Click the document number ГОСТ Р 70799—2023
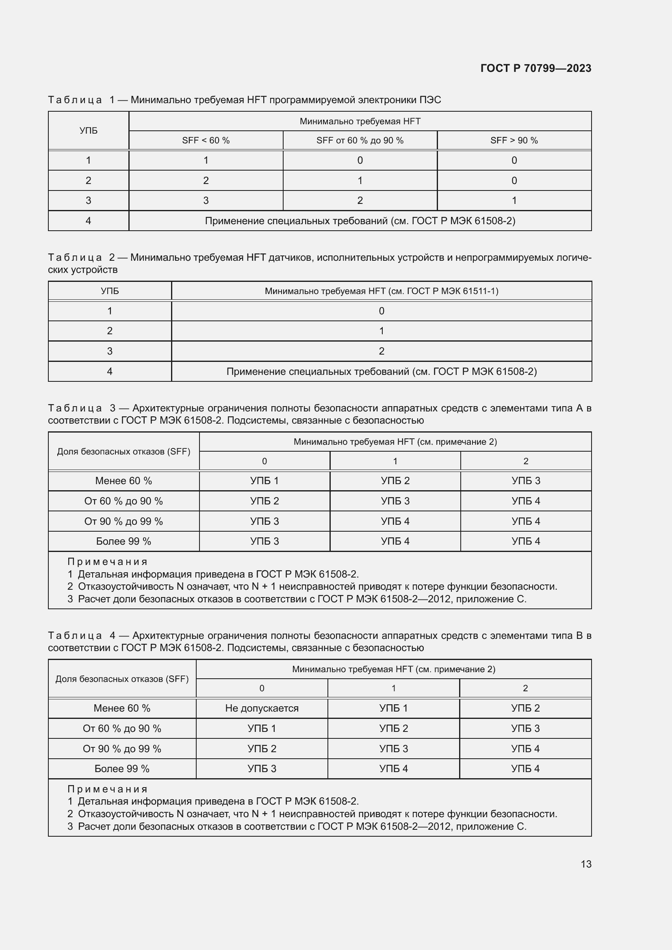[535, 68]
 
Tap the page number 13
[586, 864]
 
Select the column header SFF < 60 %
[206, 140]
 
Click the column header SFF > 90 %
[514, 140]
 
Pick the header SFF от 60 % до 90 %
[360, 140]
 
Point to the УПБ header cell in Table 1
[88, 130]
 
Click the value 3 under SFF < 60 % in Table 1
[206, 201]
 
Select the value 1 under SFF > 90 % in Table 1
[514, 201]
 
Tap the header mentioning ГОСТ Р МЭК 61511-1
[381, 291]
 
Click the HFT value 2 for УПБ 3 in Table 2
[381, 351]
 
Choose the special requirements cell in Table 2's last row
[381, 372]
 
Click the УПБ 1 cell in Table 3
[264, 481]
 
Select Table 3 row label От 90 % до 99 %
[124, 522]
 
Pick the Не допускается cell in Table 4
[262, 708]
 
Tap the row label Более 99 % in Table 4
[121, 768]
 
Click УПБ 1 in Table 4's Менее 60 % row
[393, 708]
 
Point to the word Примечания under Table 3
[108, 562]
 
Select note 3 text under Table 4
[297, 826]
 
